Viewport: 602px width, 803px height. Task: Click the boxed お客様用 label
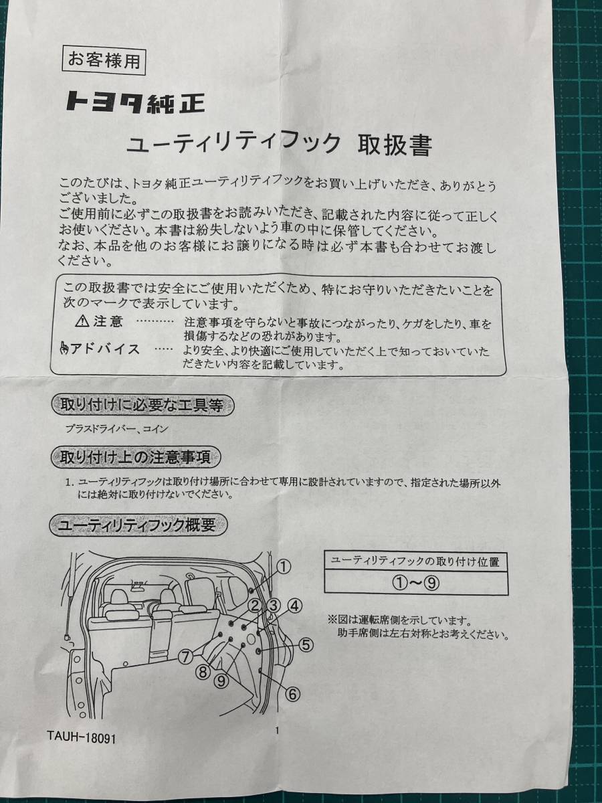tap(104, 60)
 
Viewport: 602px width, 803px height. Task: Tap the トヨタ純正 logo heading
tap(136, 102)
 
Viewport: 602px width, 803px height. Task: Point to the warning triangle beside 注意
tap(82, 321)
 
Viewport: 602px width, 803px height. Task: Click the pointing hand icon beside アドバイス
tap(64, 350)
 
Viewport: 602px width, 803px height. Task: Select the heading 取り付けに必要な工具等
tap(142, 406)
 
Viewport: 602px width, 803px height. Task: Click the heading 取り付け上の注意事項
tap(136, 457)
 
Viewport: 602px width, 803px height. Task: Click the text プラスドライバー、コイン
tap(116, 429)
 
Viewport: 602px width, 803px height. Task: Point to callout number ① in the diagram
tap(283, 567)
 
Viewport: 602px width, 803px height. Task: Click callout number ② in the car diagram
tap(254, 606)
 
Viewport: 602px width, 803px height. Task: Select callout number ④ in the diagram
tap(295, 606)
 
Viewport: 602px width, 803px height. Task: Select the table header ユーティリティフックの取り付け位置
tap(415, 561)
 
